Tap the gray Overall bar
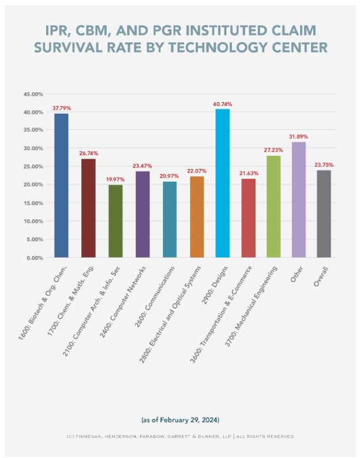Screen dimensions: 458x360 (x=324, y=213)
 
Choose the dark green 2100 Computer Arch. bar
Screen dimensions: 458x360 (x=115, y=221)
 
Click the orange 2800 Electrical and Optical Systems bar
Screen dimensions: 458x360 (x=197, y=216)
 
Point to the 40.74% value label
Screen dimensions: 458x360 (x=222, y=104)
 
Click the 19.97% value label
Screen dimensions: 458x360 (x=115, y=179)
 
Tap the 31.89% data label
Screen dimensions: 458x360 (x=298, y=136)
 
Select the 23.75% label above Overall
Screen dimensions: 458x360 (x=324, y=165)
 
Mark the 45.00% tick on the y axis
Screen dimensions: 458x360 (x=33, y=93)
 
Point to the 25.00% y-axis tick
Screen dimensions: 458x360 (x=33, y=167)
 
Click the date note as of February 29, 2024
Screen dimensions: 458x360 (x=179, y=419)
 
